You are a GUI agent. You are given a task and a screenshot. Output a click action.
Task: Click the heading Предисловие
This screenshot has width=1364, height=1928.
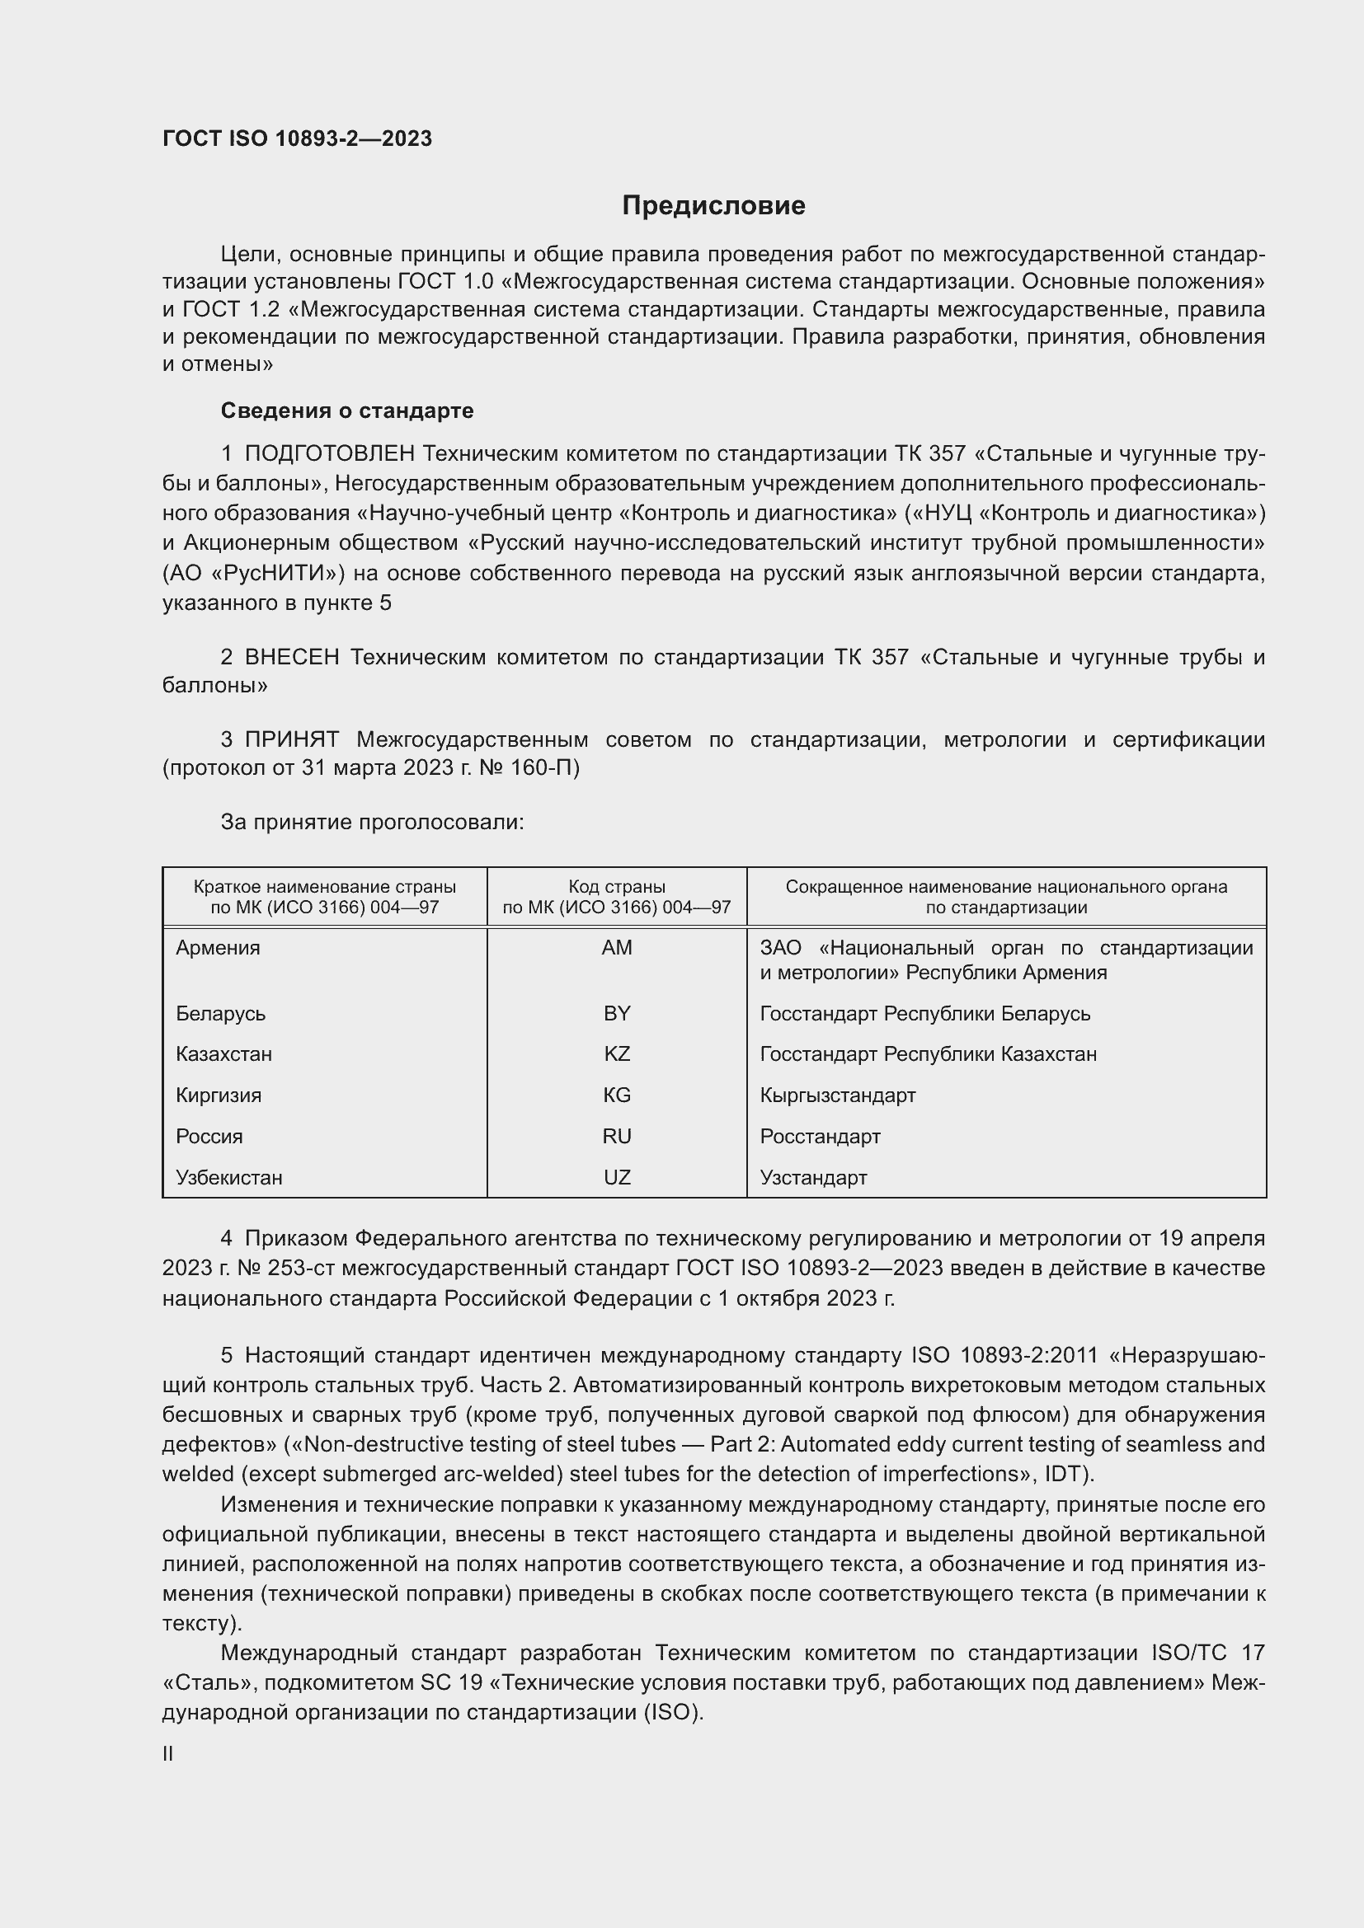(713, 206)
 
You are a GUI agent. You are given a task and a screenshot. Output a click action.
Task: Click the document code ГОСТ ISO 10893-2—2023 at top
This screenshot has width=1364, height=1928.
(298, 138)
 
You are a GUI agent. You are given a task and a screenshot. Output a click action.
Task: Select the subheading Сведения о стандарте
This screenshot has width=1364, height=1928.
(347, 410)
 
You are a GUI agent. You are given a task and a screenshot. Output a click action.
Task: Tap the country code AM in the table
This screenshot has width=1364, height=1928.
(617, 948)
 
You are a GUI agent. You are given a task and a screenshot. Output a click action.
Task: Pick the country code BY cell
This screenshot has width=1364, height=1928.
(617, 1014)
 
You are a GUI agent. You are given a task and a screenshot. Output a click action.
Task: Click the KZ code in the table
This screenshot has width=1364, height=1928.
(617, 1054)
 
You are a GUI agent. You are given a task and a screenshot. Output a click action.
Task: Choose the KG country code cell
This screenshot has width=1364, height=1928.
(617, 1095)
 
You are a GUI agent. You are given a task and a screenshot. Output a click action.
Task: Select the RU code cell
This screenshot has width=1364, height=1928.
(617, 1136)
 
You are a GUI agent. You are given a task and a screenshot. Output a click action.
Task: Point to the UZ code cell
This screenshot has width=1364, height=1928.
(617, 1177)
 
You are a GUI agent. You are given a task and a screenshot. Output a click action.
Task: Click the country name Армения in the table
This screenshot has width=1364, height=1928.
(219, 948)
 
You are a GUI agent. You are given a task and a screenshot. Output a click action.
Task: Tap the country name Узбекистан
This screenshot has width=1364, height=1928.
(229, 1177)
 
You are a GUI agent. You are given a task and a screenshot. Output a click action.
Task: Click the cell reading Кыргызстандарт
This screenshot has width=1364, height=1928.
(837, 1095)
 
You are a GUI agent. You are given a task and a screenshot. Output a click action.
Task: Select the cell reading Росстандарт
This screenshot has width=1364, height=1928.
(820, 1136)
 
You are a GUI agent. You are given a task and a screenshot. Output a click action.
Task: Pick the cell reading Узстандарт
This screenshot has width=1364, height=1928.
(813, 1177)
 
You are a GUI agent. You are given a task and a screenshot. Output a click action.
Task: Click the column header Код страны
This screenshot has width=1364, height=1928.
(617, 887)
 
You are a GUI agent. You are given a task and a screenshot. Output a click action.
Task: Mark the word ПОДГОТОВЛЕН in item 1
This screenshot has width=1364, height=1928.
(329, 454)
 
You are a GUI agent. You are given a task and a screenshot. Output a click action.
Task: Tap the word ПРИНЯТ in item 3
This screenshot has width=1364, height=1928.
(291, 739)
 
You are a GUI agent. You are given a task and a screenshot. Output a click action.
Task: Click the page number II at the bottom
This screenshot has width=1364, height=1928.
(168, 1753)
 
